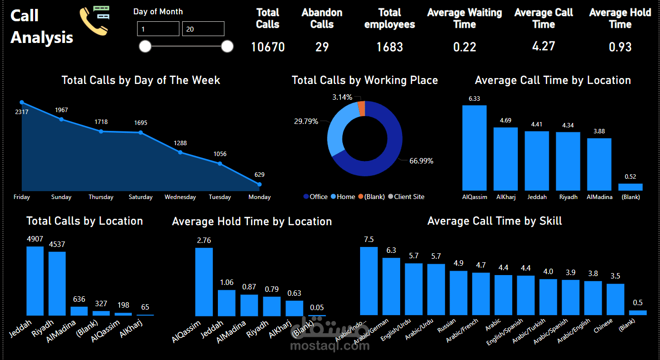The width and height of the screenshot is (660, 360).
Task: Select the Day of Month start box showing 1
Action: click(158, 29)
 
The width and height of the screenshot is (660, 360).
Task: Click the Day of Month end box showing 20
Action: click(203, 29)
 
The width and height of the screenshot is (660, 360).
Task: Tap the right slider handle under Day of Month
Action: click(227, 46)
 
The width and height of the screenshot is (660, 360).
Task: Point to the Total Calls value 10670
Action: click(268, 47)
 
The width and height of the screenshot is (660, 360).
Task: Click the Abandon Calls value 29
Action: click(322, 47)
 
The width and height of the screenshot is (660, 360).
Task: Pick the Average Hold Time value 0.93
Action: click(620, 47)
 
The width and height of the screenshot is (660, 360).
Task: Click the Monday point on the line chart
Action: click(259, 184)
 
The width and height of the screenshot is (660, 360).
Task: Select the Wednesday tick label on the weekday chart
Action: click(180, 197)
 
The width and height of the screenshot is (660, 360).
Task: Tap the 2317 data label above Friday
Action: click(22, 112)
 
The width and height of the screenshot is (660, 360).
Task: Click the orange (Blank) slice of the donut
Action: click(362, 108)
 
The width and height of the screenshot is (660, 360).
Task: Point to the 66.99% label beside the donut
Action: click(421, 161)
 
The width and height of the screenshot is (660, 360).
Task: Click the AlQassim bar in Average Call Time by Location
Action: click(474, 148)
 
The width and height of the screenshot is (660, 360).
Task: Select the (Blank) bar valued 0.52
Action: click(630, 187)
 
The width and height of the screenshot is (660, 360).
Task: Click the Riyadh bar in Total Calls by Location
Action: click(57, 283)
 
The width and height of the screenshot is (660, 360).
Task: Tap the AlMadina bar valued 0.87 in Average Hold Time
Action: click(249, 305)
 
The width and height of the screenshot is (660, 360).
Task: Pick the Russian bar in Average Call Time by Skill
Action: click(458, 292)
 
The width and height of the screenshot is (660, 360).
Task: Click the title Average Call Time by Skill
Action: click(495, 221)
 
